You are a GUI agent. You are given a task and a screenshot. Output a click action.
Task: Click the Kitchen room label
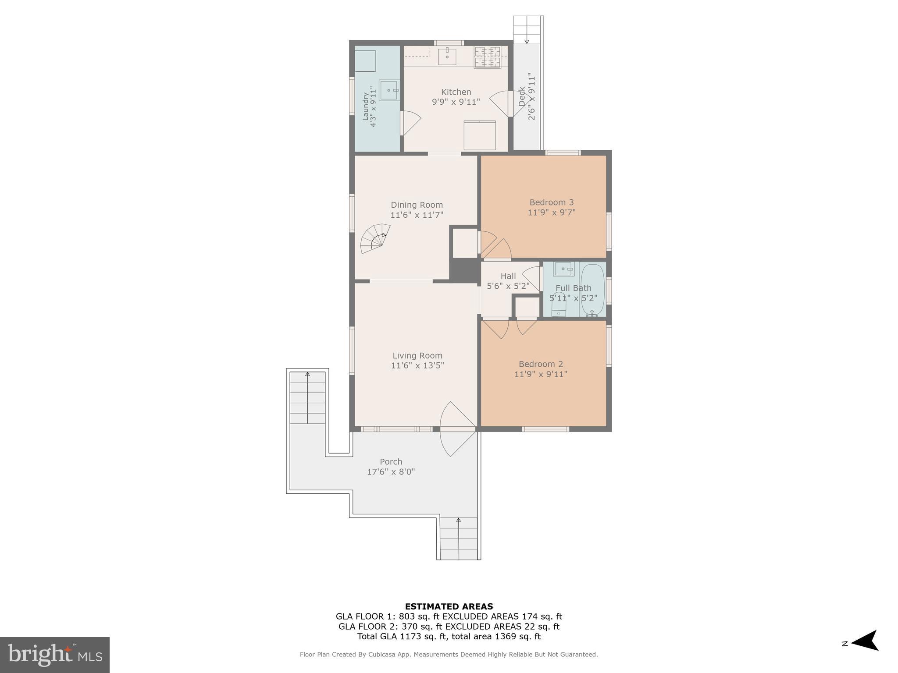456,92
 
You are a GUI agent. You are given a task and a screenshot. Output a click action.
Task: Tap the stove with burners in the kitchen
487,57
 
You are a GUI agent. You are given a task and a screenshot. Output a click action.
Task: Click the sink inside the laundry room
389,90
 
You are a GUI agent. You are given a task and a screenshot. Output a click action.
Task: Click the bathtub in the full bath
592,290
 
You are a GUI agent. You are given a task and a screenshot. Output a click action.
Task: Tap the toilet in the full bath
558,305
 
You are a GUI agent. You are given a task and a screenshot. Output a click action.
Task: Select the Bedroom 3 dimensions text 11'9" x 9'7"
551,213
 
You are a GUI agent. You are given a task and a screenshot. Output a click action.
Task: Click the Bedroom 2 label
541,364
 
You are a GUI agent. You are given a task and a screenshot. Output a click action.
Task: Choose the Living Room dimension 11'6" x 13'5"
417,365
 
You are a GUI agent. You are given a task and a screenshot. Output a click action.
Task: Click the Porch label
391,462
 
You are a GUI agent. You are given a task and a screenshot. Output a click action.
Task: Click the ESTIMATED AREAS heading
449,607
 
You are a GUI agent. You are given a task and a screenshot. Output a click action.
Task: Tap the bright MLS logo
55,655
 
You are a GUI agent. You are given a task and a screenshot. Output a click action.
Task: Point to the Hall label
508,276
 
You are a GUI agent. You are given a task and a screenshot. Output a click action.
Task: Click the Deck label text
522,96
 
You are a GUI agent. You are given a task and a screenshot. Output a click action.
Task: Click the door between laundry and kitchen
410,123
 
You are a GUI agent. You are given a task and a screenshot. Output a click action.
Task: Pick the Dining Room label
417,205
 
